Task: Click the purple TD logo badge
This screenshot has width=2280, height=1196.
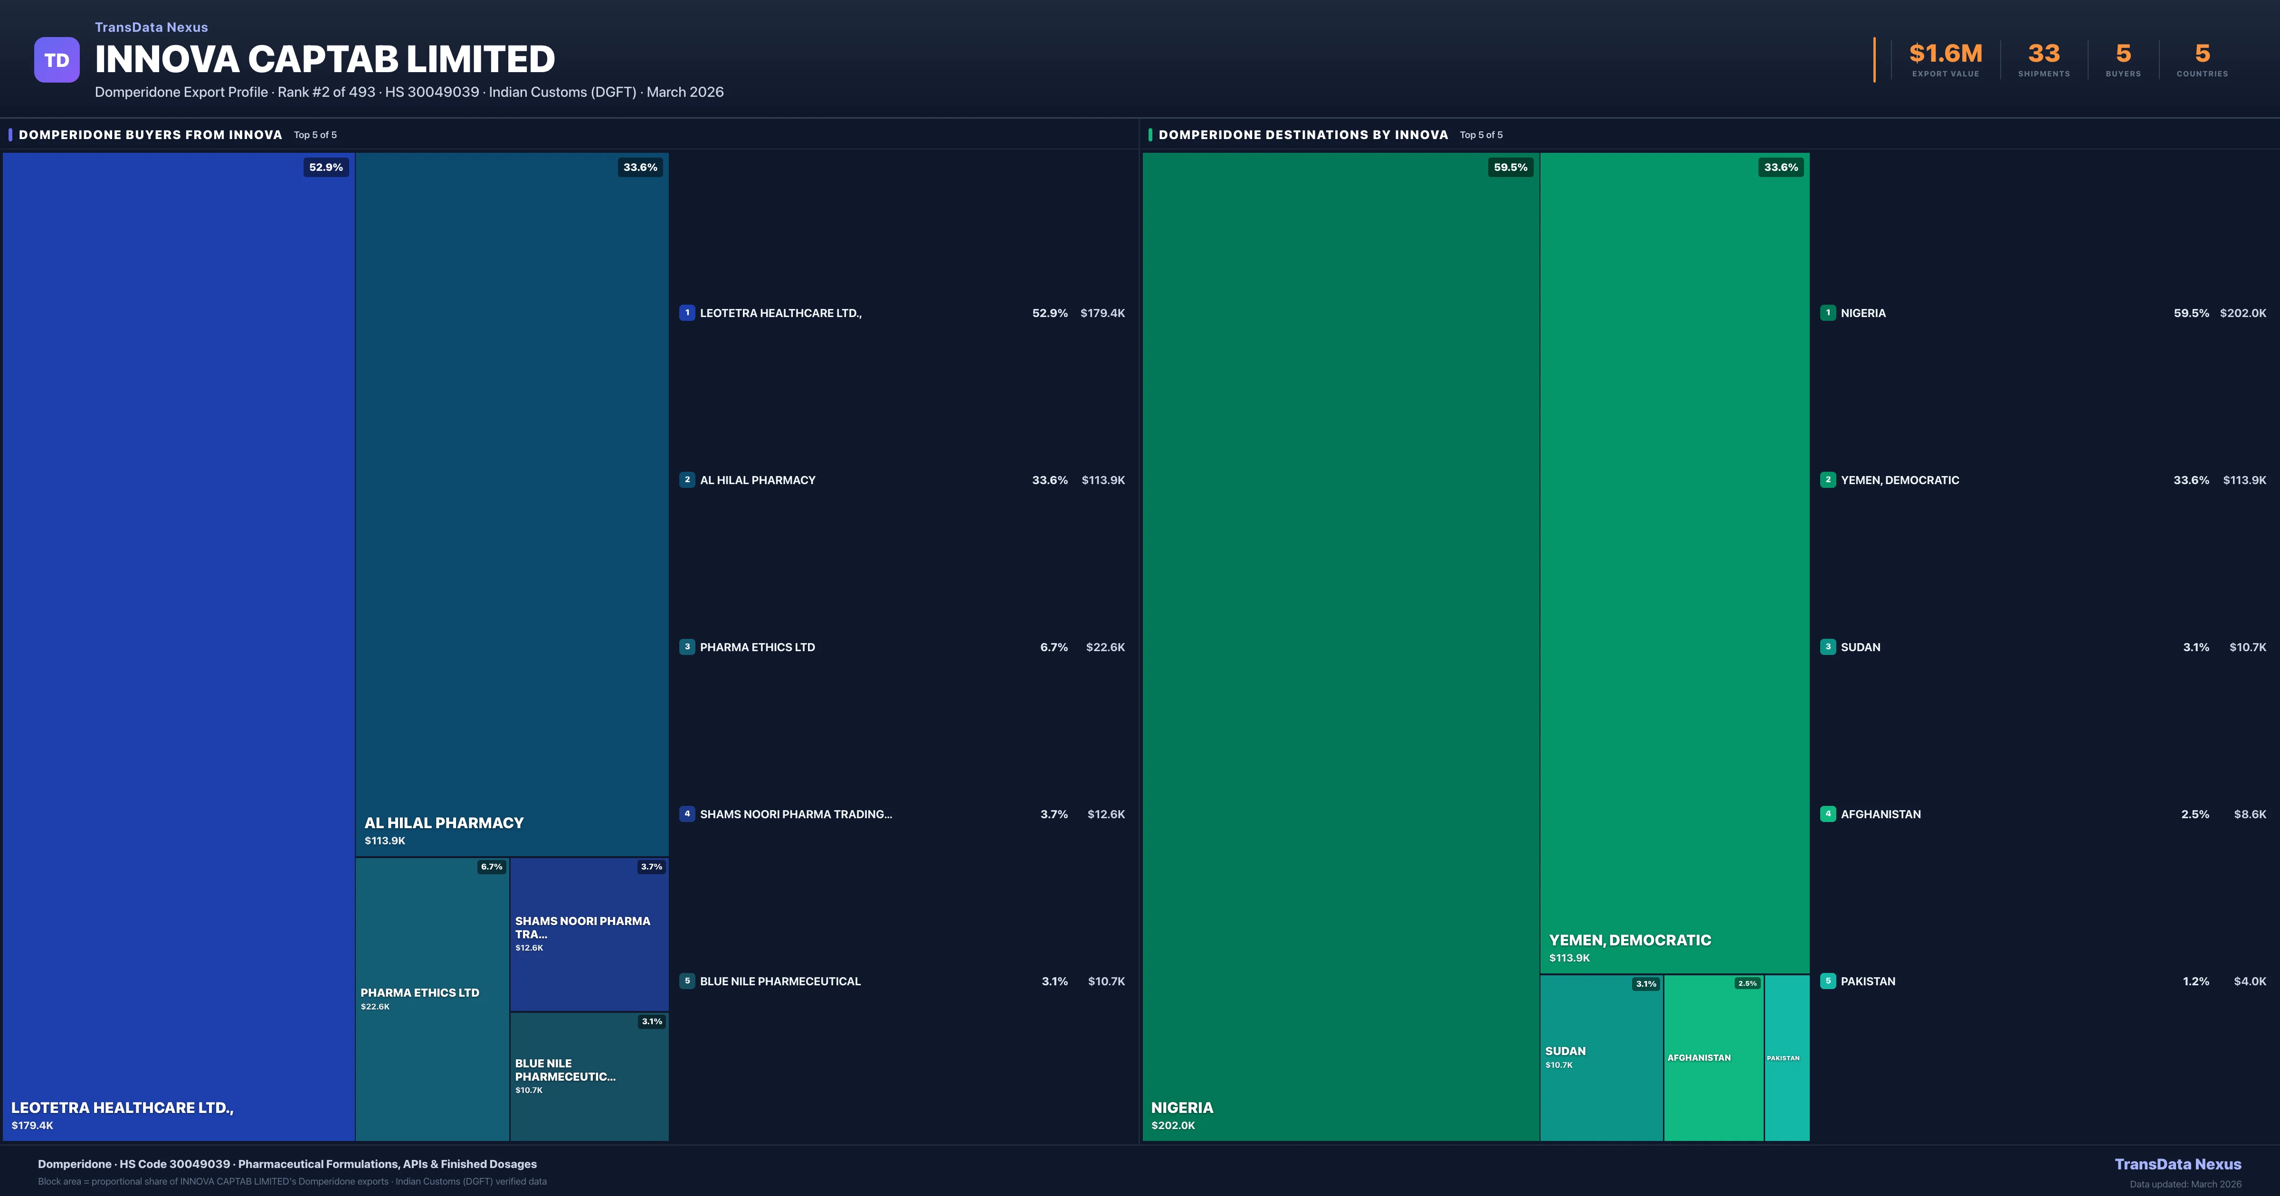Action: (x=57, y=60)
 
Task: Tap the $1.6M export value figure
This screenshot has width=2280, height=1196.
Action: (x=1946, y=54)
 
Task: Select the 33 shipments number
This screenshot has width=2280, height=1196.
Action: (x=2043, y=54)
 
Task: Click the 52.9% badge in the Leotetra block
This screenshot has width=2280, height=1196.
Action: (x=326, y=167)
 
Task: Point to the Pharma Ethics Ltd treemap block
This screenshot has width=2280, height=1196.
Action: (x=432, y=1044)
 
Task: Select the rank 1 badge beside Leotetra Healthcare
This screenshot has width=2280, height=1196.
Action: (x=687, y=313)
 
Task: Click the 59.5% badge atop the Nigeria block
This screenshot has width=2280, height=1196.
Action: (x=1510, y=167)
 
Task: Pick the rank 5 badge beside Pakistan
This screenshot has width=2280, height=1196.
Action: (x=1828, y=981)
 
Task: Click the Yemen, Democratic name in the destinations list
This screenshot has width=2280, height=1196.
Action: (x=1900, y=480)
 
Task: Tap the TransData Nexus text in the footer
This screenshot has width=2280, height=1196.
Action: (x=2177, y=1164)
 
